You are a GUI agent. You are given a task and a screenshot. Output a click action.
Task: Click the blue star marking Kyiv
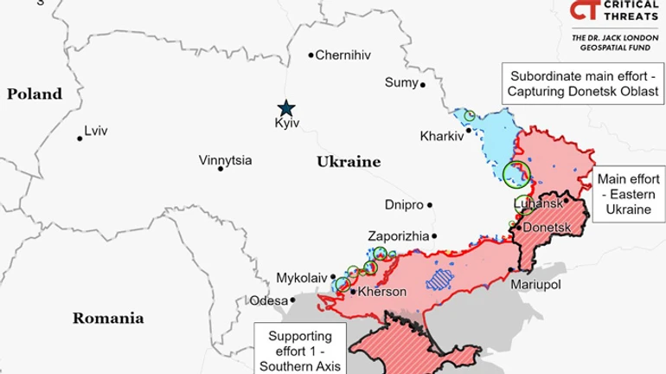[x=285, y=107]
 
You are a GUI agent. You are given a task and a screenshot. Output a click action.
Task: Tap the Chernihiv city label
[x=343, y=55]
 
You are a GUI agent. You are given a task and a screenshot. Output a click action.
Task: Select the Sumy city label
[x=400, y=82]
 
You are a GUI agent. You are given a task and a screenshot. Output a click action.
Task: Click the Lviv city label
[x=97, y=132]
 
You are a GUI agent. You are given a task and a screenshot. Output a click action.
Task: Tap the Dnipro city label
[x=404, y=205]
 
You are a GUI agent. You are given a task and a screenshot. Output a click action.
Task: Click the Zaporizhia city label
[x=398, y=235]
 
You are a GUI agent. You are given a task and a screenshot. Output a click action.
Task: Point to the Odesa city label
[x=267, y=300]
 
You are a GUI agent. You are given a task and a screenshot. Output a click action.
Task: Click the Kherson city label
[x=381, y=292]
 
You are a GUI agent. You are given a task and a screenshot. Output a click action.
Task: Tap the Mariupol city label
[x=536, y=284]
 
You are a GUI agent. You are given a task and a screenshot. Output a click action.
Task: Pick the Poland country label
[x=35, y=94]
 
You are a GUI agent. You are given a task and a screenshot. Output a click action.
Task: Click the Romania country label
[x=107, y=318]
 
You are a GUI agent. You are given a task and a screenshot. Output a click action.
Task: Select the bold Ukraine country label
[x=349, y=162]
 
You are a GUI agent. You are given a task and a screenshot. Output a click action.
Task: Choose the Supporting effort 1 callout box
[x=298, y=348]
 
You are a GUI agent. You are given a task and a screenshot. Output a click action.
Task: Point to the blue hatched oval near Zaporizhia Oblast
[x=440, y=279]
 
